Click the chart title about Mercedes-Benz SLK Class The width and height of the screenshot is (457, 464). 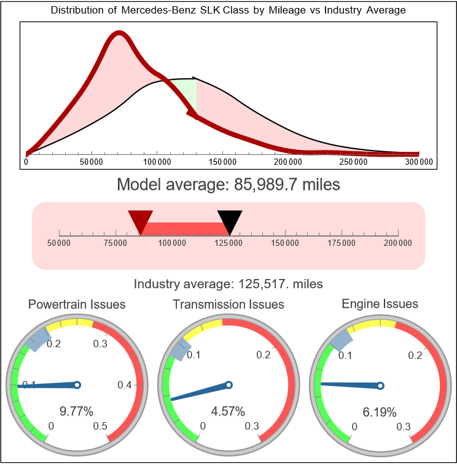228,10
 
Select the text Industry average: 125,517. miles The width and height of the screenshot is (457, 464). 228,284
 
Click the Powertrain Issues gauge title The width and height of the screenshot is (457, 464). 77,304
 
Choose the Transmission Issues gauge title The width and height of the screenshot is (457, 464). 228,304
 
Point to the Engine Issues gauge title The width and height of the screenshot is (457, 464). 380,304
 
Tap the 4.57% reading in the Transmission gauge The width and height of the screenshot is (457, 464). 228,411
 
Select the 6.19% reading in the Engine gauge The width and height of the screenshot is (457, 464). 380,412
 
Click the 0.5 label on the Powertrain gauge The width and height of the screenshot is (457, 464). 100,427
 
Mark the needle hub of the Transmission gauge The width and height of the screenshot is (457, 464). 228,385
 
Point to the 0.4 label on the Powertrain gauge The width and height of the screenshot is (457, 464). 125,385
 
